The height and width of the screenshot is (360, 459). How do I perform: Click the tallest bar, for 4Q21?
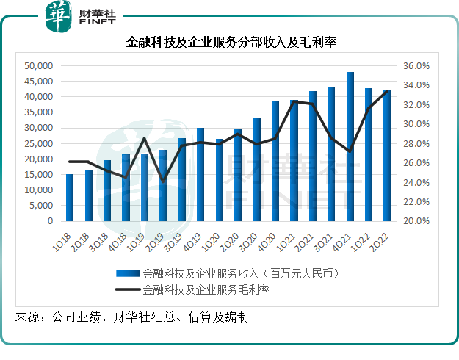[350, 146]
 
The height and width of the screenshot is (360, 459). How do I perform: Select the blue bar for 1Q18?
[70, 198]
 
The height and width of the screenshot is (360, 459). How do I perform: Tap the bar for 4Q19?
[200, 175]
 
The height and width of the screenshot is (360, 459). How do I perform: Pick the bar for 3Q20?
[257, 169]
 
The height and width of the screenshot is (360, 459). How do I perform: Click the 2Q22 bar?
[387, 155]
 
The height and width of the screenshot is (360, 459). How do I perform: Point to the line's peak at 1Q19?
[145, 138]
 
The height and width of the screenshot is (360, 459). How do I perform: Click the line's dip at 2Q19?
[163, 181]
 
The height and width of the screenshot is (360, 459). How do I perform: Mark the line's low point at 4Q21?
[350, 151]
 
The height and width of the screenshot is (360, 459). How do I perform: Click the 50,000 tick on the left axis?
[39, 66]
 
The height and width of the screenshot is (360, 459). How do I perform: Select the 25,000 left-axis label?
[39, 143]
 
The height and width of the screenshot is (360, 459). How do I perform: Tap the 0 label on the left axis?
[51, 221]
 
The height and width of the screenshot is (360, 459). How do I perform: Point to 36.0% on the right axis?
[416, 66]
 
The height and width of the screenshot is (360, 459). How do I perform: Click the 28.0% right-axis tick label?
[416, 143]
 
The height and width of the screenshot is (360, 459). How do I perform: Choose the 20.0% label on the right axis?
[416, 221]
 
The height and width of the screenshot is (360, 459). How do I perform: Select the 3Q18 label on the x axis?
[98, 242]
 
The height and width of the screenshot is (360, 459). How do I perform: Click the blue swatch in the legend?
[128, 273]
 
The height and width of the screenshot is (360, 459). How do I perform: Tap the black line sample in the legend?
[128, 289]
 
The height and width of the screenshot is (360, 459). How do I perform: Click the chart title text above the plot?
[231, 42]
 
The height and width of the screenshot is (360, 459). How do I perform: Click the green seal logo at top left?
[59, 16]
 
